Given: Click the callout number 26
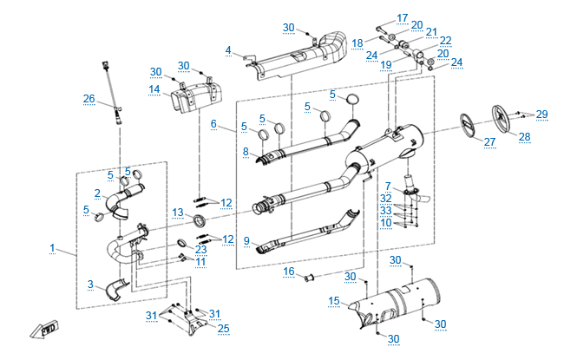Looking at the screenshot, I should [x=89, y=99].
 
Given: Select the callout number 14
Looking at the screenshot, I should [x=154, y=89].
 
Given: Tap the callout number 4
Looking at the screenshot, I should [x=228, y=51].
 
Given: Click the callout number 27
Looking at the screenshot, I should [x=490, y=142].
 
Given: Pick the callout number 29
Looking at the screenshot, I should [x=541, y=115].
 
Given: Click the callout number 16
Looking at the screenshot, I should [x=289, y=272].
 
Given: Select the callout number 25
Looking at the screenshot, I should [x=223, y=328].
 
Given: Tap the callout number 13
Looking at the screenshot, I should [x=177, y=213].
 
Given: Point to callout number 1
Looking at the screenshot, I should [x=52, y=249].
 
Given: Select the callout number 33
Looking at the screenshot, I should [x=385, y=210].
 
